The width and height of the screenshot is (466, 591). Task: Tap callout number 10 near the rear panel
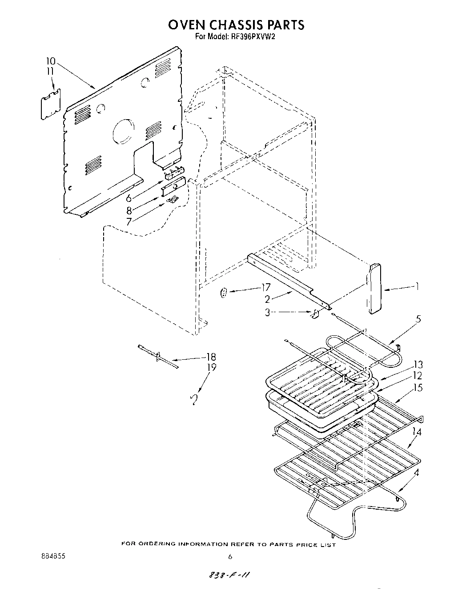[x=51, y=61]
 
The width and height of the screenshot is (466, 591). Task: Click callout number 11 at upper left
[x=50, y=71]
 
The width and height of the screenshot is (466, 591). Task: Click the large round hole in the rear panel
[x=122, y=132]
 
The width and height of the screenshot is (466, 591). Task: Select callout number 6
[x=129, y=198]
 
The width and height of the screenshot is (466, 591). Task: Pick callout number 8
[x=129, y=211]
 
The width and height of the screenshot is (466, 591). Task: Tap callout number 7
[x=129, y=221]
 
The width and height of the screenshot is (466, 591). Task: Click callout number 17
[x=265, y=288]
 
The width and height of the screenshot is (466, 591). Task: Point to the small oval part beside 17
[x=224, y=293]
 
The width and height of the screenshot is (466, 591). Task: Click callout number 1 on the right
[x=417, y=287]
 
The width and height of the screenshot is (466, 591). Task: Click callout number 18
[x=211, y=357]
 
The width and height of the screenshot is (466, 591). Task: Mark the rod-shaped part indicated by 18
[x=158, y=356]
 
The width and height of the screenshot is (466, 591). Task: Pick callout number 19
[x=211, y=367]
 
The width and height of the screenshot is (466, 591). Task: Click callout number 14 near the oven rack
[x=417, y=431]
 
